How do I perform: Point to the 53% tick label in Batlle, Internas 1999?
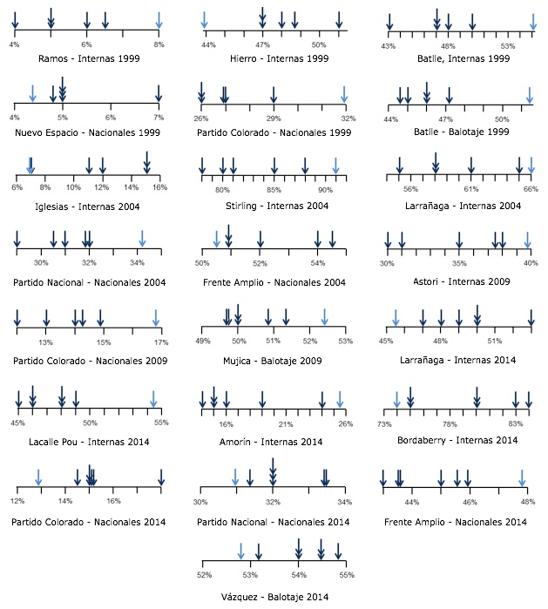[508, 45]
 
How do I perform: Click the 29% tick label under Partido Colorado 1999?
[274, 118]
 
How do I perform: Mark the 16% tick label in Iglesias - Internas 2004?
[159, 187]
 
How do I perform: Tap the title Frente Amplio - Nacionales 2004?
[274, 282]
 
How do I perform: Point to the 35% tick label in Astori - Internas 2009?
[459, 262]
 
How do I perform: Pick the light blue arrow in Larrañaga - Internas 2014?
[395, 318]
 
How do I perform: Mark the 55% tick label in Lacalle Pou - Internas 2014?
[161, 423]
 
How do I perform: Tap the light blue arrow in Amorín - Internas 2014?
[340, 397]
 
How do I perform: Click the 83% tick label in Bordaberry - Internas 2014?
[515, 423]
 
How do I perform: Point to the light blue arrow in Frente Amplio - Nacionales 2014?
[523, 478]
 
